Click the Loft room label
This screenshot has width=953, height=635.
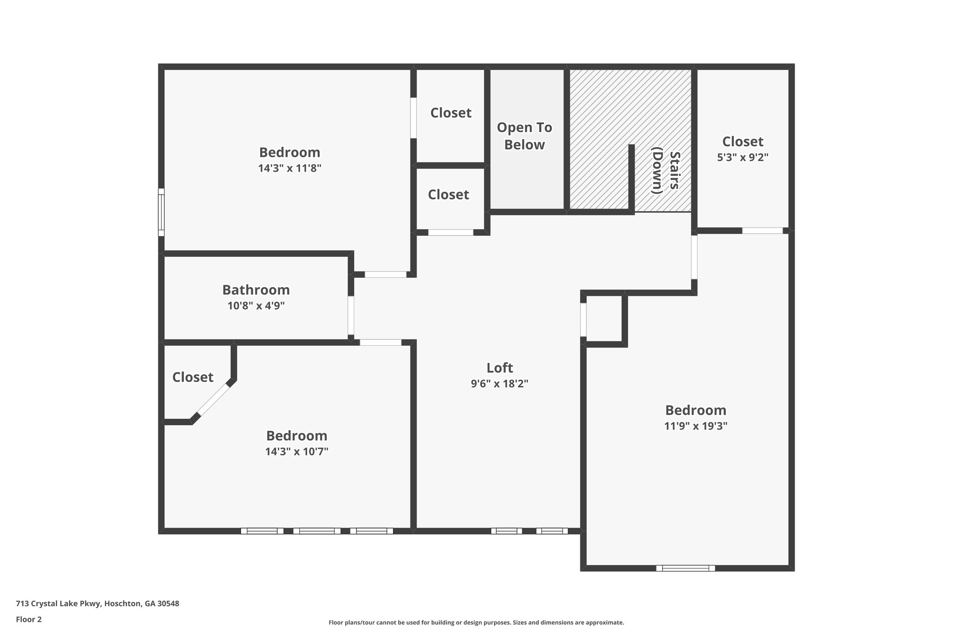[x=500, y=368]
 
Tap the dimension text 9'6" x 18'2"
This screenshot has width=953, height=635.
[x=500, y=384]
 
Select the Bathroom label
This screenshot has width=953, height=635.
[x=256, y=290]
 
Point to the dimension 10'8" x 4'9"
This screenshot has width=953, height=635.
[x=256, y=306]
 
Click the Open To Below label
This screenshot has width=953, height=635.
[x=524, y=136]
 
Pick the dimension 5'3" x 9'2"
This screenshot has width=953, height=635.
[x=742, y=157]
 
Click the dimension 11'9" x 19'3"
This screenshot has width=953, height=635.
[x=696, y=426]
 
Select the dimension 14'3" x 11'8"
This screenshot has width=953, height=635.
[x=290, y=168]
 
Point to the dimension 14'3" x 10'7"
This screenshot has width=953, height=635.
[x=297, y=451]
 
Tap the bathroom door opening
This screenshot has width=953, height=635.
[x=351, y=315]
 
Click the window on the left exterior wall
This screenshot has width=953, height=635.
[x=161, y=212]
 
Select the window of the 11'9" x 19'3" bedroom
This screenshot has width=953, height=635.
[x=685, y=568]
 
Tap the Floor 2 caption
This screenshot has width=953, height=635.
[x=29, y=619]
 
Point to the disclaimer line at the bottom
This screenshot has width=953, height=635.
[x=476, y=622]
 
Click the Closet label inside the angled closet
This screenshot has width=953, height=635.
[x=193, y=377]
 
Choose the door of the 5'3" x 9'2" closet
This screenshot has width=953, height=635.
[x=762, y=230]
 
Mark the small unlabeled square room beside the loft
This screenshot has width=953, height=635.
[x=604, y=320]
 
